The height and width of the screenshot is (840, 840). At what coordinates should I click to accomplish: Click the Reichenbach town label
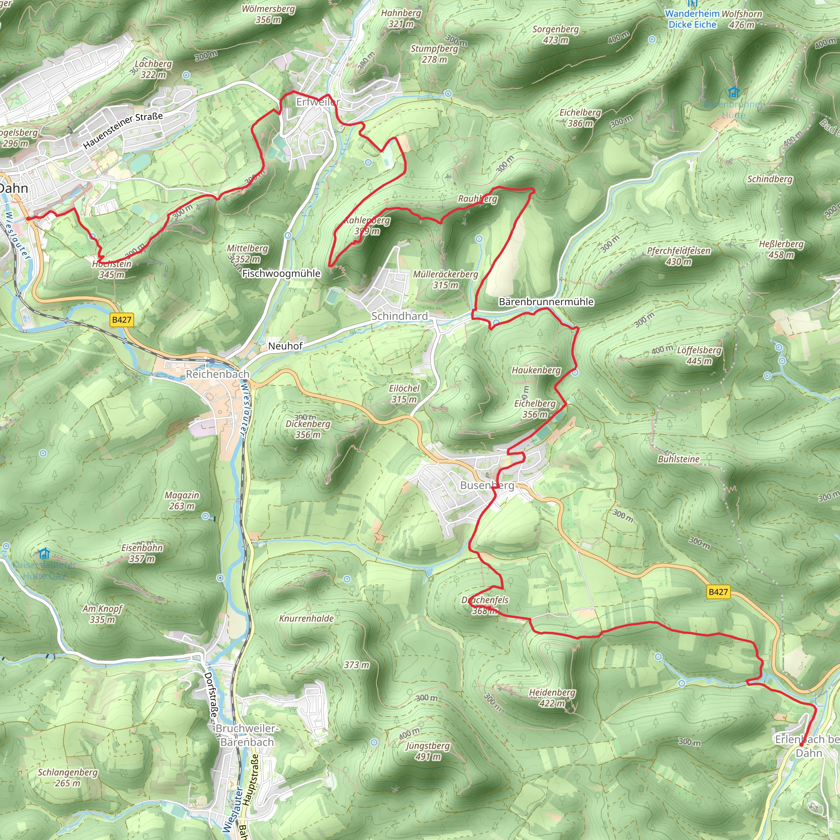[x=217, y=374]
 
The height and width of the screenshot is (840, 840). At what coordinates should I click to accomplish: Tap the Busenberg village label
[x=487, y=485]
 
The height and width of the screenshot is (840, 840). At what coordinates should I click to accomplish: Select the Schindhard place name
[x=399, y=316]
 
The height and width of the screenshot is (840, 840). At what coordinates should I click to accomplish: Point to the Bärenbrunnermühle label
[x=546, y=302]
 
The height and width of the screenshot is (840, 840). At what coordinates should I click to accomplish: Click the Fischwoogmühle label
[x=281, y=274]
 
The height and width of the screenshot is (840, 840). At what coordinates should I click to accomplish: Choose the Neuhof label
[x=285, y=346]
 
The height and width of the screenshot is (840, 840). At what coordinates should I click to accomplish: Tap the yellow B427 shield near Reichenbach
[x=122, y=320]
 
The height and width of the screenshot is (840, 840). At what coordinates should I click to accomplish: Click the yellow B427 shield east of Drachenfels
[x=718, y=592]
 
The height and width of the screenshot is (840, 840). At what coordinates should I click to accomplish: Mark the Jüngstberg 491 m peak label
[x=428, y=751]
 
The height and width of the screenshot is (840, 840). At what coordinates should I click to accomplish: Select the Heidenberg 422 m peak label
[x=552, y=697]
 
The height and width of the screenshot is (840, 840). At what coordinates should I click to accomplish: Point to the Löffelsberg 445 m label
[x=699, y=355]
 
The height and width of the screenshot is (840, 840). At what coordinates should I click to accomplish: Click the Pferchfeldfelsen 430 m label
[x=679, y=256]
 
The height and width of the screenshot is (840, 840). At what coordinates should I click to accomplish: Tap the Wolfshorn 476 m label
[x=742, y=19]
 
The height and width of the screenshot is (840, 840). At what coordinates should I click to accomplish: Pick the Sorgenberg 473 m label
[x=556, y=34]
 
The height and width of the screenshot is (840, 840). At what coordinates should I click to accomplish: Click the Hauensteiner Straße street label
[x=123, y=130]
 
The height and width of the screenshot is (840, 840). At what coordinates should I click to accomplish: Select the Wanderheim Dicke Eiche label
[x=693, y=19]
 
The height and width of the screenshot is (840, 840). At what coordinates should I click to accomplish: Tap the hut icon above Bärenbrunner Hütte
[x=733, y=92]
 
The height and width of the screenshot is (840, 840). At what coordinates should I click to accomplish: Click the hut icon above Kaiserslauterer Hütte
[x=44, y=553]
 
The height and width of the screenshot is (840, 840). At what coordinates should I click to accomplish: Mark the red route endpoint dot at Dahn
[x=29, y=219]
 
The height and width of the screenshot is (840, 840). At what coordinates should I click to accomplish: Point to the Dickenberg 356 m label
[x=308, y=429]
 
